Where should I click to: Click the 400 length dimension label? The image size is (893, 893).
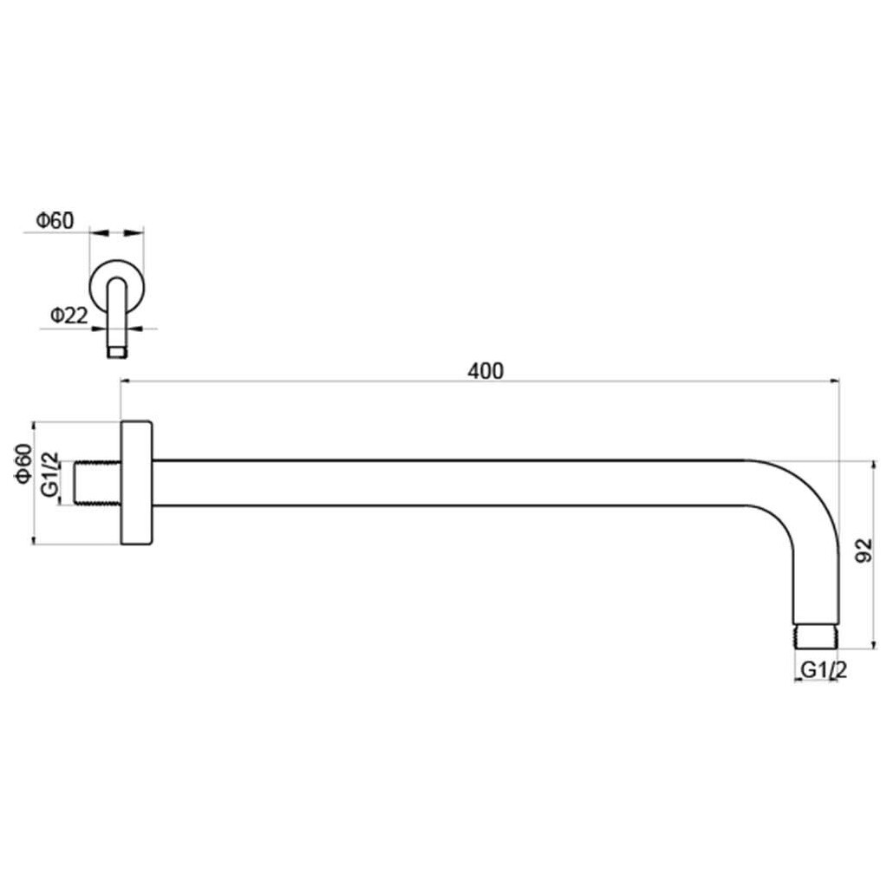click(486, 371)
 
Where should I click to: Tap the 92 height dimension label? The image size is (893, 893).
click(864, 551)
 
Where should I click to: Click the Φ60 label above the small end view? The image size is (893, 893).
click(55, 220)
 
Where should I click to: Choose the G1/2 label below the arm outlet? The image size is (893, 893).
click(824, 670)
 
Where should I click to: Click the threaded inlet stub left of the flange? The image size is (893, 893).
click(98, 482)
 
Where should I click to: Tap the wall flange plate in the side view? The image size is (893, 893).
click(137, 483)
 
